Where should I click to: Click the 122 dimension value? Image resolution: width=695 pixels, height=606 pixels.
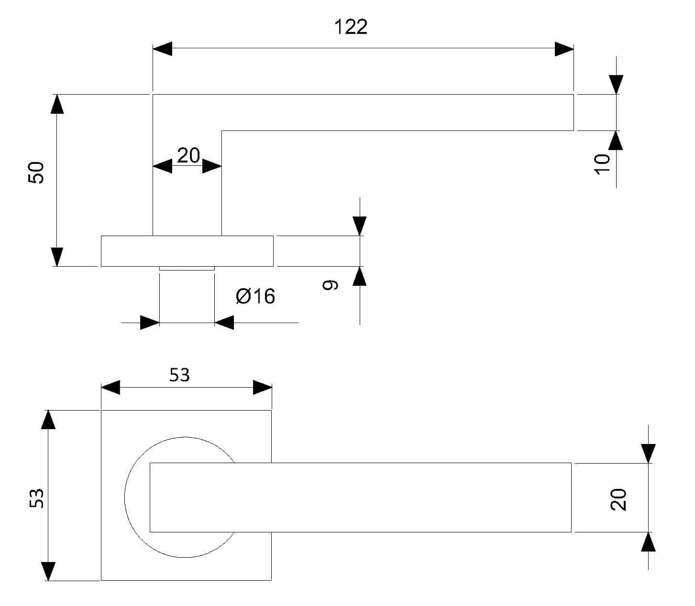pos(351,27)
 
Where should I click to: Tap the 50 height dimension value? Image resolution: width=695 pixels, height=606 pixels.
pos(36,173)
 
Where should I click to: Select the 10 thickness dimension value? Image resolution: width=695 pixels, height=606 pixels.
pos(602,164)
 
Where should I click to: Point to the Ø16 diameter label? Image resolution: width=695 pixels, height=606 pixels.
pos(255,296)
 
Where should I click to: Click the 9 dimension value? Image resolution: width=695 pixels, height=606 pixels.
pos(330,285)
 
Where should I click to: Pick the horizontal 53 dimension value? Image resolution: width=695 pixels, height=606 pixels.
pos(179,375)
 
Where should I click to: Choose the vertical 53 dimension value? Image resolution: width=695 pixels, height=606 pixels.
pos(36,498)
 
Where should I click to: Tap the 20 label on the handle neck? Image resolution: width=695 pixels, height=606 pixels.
pos(188,155)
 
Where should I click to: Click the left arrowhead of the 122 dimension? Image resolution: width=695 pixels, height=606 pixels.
pos(162,49)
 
